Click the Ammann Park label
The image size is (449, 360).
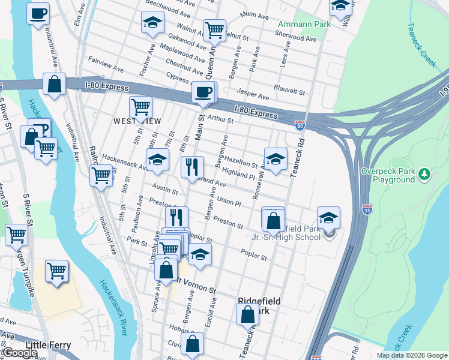pyautogui.click(x=297, y=25)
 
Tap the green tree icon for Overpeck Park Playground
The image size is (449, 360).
pyautogui.click(x=425, y=174)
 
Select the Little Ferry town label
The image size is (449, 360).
pyautogui.click(x=48, y=346)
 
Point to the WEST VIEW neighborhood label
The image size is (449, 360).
pyautogui.click(x=137, y=121)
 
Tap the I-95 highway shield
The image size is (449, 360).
pyautogui.click(x=367, y=209)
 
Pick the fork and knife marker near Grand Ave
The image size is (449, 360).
pyautogui.click(x=192, y=167)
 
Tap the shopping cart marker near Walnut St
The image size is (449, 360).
pyautogui.click(x=214, y=29)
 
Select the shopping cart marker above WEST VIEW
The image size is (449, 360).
pyautogui.click(x=140, y=107)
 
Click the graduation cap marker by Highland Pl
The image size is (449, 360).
pyautogui.click(x=276, y=158)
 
